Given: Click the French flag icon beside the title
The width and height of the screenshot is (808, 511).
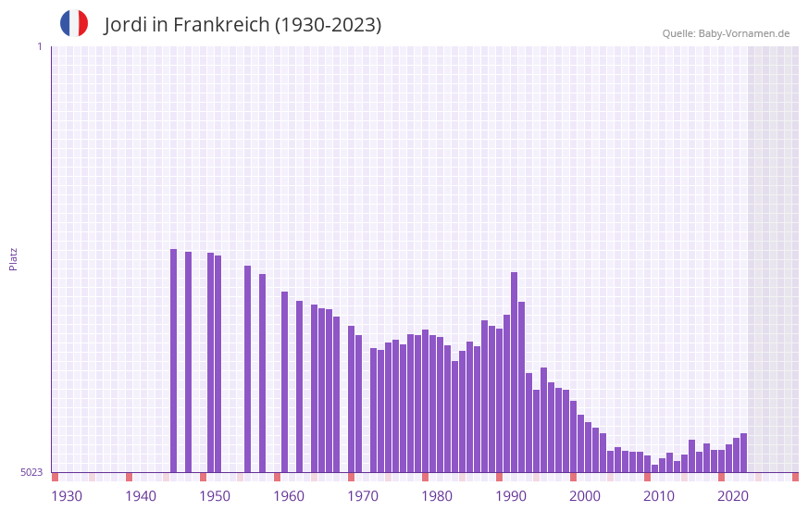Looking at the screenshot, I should pyautogui.click(x=74, y=23).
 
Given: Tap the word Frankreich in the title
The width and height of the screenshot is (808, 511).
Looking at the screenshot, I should pyautogui.click(x=218, y=25).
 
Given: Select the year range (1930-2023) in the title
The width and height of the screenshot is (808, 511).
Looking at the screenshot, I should pyautogui.click(x=328, y=25).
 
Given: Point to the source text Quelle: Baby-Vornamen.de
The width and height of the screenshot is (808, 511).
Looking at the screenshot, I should pyautogui.click(x=726, y=33).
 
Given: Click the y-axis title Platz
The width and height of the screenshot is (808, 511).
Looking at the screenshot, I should pyautogui.click(x=13, y=258).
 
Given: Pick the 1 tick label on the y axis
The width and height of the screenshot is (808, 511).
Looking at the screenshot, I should pyautogui.click(x=39, y=46).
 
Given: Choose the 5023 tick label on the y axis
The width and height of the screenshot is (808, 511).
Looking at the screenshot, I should pyautogui.click(x=31, y=472).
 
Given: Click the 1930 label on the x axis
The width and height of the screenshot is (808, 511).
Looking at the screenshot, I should pyautogui.click(x=67, y=496).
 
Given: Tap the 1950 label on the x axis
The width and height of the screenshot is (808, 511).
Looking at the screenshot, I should pyautogui.click(x=215, y=496).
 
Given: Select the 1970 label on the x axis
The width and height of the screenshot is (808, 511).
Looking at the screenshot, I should pyautogui.click(x=363, y=496).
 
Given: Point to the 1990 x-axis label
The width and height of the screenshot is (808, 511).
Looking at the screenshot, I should pyautogui.click(x=511, y=496).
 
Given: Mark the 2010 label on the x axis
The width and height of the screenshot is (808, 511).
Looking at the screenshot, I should pyautogui.click(x=659, y=496).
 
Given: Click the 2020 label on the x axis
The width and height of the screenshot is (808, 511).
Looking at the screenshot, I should pyautogui.click(x=733, y=496).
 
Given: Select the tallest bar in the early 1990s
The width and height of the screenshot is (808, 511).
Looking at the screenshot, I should pyautogui.click(x=515, y=370).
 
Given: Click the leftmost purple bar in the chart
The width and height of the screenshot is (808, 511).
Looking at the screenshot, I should pyautogui.click(x=173, y=361).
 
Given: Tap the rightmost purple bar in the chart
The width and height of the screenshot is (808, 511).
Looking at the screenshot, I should pyautogui.click(x=743, y=453).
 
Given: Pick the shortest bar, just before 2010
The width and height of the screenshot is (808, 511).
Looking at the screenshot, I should pyautogui.click(x=654, y=468).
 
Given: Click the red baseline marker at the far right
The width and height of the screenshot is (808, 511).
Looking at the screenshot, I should pyautogui.click(x=795, y=477).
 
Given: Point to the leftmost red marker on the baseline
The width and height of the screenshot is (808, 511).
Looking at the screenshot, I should pyautogui.click(x=55, y=477).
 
